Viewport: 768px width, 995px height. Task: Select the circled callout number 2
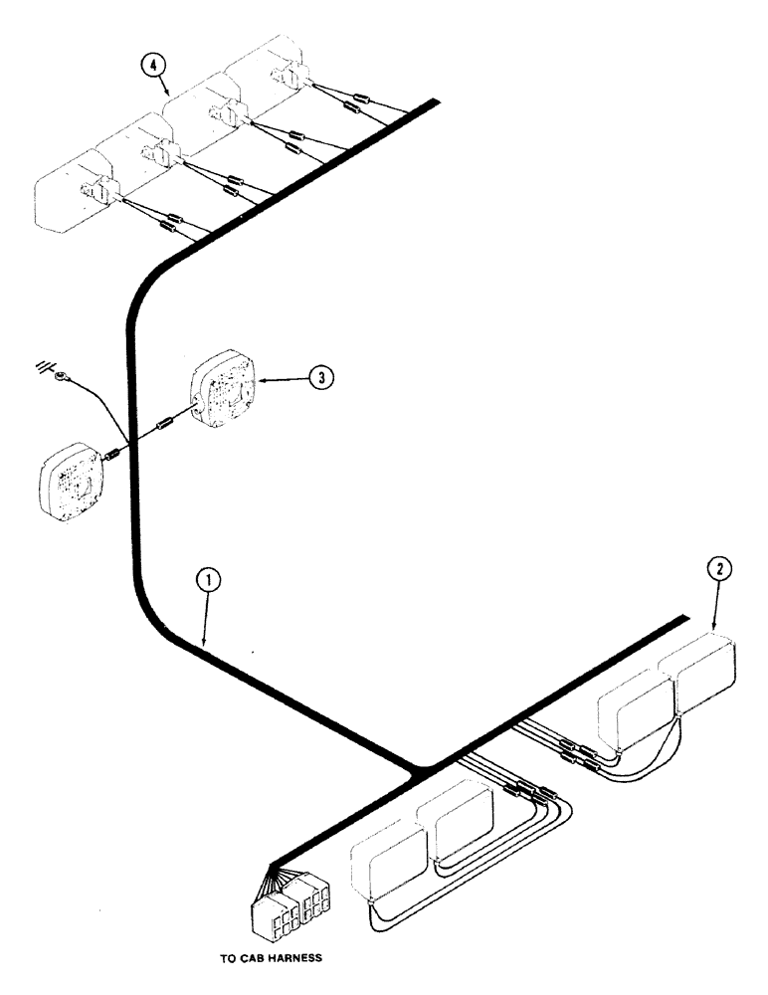721,569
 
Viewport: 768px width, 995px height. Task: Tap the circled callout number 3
318,377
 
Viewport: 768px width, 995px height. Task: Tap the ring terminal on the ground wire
63,376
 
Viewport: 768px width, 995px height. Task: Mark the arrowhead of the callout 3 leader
261,378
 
